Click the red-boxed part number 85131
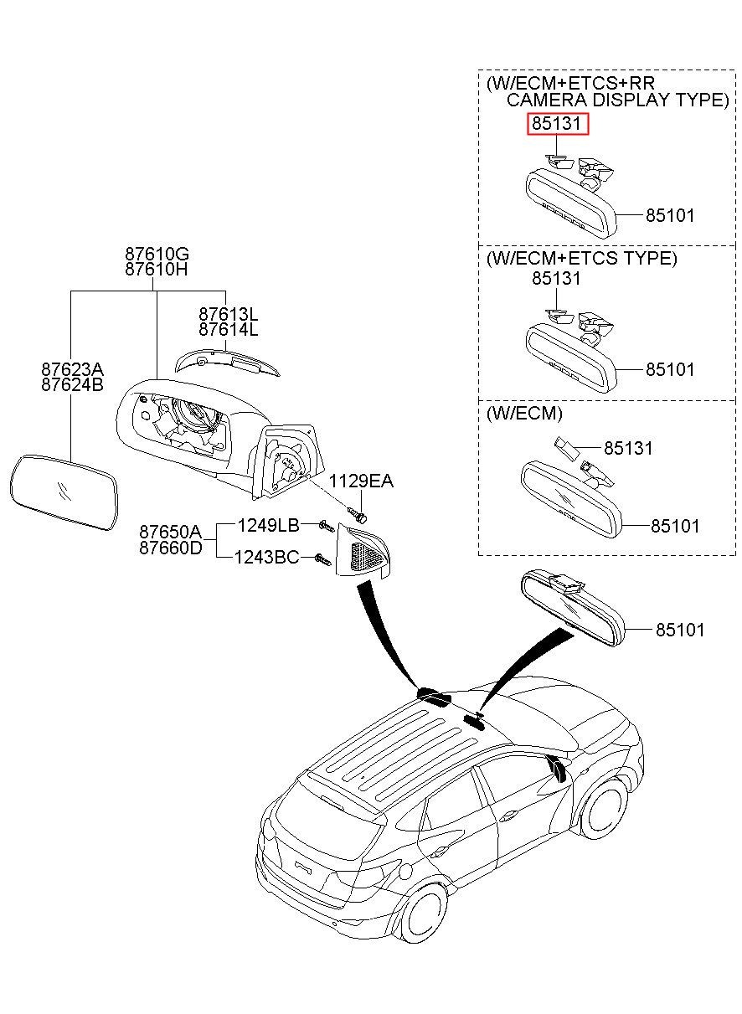(557, 123)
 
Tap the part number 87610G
(157, 253)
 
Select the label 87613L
(229, 314)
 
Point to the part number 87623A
(72, 369)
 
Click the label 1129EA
(361, 481)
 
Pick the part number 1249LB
(269, 525)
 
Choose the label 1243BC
(266, 557)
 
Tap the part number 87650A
(171, 531)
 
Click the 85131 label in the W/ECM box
(628, 448)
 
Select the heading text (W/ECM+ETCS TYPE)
(582, 258)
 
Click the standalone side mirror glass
(64, 492)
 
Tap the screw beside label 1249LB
(327, 526)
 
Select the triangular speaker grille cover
(362, 550)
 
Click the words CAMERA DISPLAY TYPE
(617, 100)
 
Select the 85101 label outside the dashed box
(680, 630)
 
